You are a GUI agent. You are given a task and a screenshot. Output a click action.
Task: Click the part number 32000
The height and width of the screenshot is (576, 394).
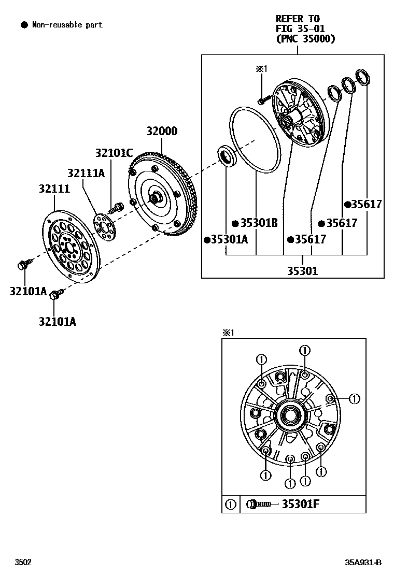pos(161,132)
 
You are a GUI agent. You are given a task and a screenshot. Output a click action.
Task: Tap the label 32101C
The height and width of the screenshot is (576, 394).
pos(114,153)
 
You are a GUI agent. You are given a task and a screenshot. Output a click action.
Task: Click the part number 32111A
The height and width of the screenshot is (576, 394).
pos(86,172)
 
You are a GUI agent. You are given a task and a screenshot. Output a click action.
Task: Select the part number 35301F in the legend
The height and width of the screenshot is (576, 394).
pos(300,504)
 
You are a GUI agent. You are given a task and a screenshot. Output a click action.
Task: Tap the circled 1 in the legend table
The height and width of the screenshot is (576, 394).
pos(231,504)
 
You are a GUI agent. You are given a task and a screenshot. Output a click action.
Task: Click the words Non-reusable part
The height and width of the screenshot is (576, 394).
pos(67,24)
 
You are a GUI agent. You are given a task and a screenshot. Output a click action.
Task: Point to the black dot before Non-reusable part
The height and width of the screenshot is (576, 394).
pos(23,24)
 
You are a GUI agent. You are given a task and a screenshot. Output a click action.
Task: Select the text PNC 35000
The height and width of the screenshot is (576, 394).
pos(305,38)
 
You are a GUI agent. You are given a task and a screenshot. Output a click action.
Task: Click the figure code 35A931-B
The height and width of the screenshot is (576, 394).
pos(364,562)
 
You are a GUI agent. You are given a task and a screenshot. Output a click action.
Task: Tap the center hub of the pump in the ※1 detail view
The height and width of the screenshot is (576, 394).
pos(290,414)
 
